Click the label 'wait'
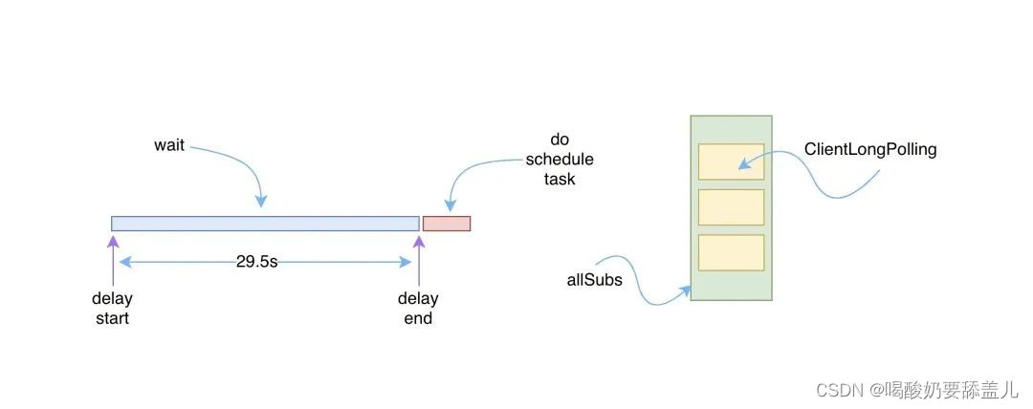[x=168, y=146]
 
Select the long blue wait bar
[x=265, y=224]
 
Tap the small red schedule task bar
[x=447, y=224]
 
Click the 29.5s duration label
[x=256, y=261]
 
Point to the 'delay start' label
[x=112, y=309]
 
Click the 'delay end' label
[x=418, y=309]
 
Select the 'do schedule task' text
[x=560, y=159]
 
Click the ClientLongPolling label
[x=870, y=149]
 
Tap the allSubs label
[x=594, y=280]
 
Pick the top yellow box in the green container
[x=731, y=161]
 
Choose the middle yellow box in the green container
[x=731, y=207]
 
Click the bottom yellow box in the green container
[x=731, y=252]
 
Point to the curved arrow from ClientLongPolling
[x=813, y=182]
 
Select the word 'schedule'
[x=560, y=159]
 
